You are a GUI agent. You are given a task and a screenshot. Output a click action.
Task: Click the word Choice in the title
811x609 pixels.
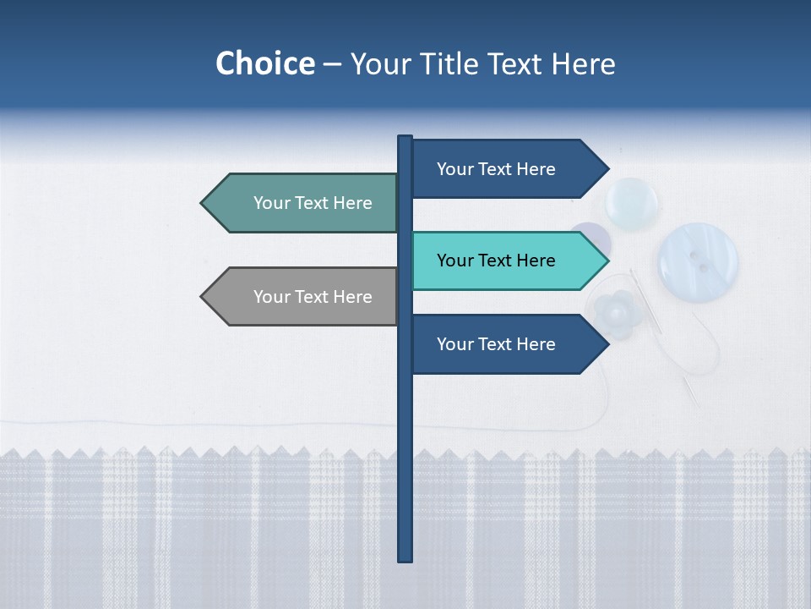pos(264,64)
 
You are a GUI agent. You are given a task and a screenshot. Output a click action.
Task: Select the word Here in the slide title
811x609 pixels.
pos(583,64)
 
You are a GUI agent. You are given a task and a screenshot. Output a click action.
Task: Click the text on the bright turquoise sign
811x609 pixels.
pos(496,261)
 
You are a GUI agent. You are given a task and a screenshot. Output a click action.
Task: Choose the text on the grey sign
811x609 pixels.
pos(313,297)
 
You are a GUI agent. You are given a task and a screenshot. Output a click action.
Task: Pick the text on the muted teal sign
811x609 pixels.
pos(313,203)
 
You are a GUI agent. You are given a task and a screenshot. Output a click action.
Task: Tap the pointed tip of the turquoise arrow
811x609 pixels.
pos(607,261)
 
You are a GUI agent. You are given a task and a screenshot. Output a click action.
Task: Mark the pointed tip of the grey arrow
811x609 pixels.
pos(203,297)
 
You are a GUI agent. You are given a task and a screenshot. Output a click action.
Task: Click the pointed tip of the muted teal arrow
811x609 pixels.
pos(203,203)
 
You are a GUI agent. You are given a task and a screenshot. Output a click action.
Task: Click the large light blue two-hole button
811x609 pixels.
pos(698,261)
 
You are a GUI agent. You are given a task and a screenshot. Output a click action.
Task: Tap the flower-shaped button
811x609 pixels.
pos(614,313)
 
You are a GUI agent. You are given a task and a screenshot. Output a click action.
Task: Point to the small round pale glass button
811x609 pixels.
pos(633,203)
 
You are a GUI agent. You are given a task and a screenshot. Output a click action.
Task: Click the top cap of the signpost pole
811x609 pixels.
pos(405,140)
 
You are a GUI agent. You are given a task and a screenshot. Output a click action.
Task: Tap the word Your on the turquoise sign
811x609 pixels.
pos(454,261)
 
